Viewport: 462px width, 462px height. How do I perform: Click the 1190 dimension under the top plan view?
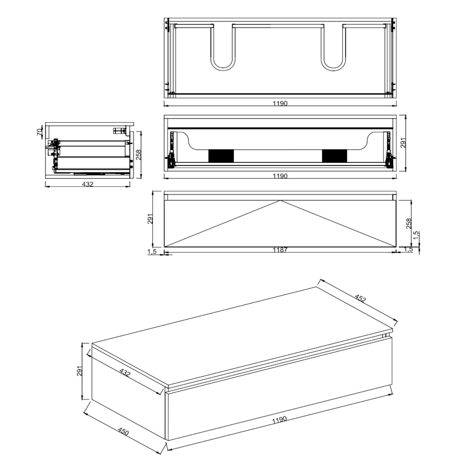click(x=280, y=103)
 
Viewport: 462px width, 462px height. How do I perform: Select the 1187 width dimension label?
click(x=280, y=250)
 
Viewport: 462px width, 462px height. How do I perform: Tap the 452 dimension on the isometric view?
click(x=360, y=298)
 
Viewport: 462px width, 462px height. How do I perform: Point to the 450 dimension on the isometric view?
click(x=123, y=431)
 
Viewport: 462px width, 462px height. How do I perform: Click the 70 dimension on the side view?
click(x=39, y=132)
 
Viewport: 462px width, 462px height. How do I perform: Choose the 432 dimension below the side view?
click(x=88, y=184)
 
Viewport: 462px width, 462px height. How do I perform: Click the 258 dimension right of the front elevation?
click(x=409, y=223)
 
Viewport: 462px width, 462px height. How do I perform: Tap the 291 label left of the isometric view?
click(x=79, y=371)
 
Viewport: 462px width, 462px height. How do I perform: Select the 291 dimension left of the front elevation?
click(x=151, y=219)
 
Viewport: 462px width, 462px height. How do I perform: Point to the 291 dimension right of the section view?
click(x=403, y=143)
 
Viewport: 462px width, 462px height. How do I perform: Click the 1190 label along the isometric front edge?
click(x=279, y=420)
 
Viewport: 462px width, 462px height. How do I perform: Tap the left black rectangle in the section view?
click(x=221, y=156)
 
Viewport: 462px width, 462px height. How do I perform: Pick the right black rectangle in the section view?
click(x=334, y=156)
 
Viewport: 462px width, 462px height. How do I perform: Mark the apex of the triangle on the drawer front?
click(x=280, y=201)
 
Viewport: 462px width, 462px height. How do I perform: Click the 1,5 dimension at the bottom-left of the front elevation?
click(x=152, y=251)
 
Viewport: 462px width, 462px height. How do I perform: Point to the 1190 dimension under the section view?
click(x=280, y=176)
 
